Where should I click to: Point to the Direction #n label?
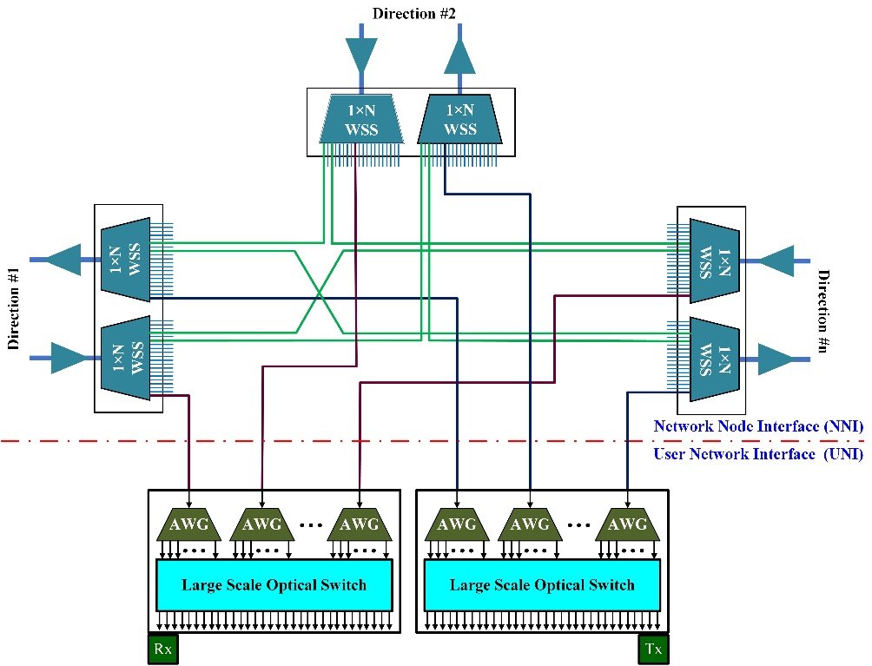[826, 311]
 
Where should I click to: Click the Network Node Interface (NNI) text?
[757, 426]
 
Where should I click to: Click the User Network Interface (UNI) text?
[757, 453]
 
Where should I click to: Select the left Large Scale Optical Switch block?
[274, 584]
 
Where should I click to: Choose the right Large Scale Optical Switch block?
[542, 584]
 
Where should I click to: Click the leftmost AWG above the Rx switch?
[188, 524]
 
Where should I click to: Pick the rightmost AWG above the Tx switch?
[627, 524]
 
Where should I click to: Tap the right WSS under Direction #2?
[459, 120]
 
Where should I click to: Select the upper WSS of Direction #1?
[126, 259]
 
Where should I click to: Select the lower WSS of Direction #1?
[126, 356]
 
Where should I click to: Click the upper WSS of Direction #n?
[714, 260]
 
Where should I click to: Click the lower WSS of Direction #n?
[714, 358]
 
